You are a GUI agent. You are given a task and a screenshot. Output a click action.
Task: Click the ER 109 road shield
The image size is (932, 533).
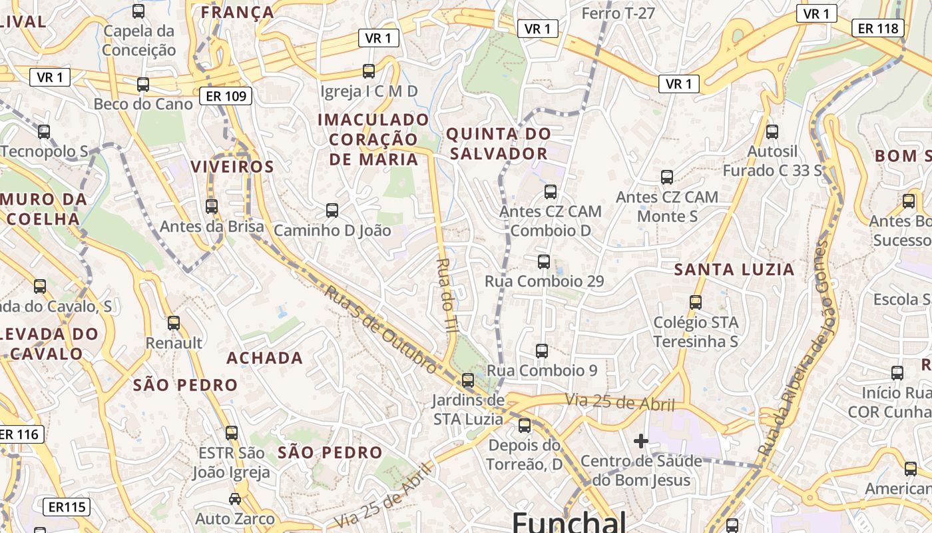(226, 97)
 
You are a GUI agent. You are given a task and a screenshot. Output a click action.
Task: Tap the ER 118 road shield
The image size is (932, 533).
(878, 28)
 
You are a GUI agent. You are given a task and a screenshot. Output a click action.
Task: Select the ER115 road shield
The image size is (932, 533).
(67, 507)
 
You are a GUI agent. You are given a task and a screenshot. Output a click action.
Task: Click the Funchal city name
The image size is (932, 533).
(569, 521)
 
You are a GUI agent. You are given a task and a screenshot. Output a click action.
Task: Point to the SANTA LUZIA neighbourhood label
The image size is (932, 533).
(734, 270)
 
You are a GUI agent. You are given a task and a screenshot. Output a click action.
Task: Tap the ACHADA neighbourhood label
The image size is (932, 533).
(265, 358)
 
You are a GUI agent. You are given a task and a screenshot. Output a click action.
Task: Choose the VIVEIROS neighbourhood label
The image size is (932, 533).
(232, 167)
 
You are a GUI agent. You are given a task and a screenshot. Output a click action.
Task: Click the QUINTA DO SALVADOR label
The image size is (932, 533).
(498, 143)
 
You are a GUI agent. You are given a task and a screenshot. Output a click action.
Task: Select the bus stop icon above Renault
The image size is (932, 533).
(174, 323)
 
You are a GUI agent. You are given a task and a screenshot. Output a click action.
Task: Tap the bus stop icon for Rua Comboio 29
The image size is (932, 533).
(544, 261)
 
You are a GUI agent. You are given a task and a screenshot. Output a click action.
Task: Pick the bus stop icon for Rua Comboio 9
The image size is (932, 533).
(542, 350)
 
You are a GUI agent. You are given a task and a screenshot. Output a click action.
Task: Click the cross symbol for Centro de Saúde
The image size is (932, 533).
(641, 440)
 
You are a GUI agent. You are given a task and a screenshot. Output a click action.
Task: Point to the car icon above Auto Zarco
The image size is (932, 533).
(235, 498)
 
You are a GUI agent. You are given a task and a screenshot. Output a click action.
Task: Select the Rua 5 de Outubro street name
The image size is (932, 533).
(381, 329)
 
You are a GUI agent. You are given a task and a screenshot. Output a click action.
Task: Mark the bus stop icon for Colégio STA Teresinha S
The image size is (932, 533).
(696, 302)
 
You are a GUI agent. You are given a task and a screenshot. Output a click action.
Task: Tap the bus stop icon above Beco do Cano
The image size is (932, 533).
(143, 85)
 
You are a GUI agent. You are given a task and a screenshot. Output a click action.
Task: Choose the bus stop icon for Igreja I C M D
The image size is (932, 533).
(369, 71)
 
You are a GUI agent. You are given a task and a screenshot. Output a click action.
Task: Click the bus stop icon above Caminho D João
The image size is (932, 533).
(332, 211)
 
